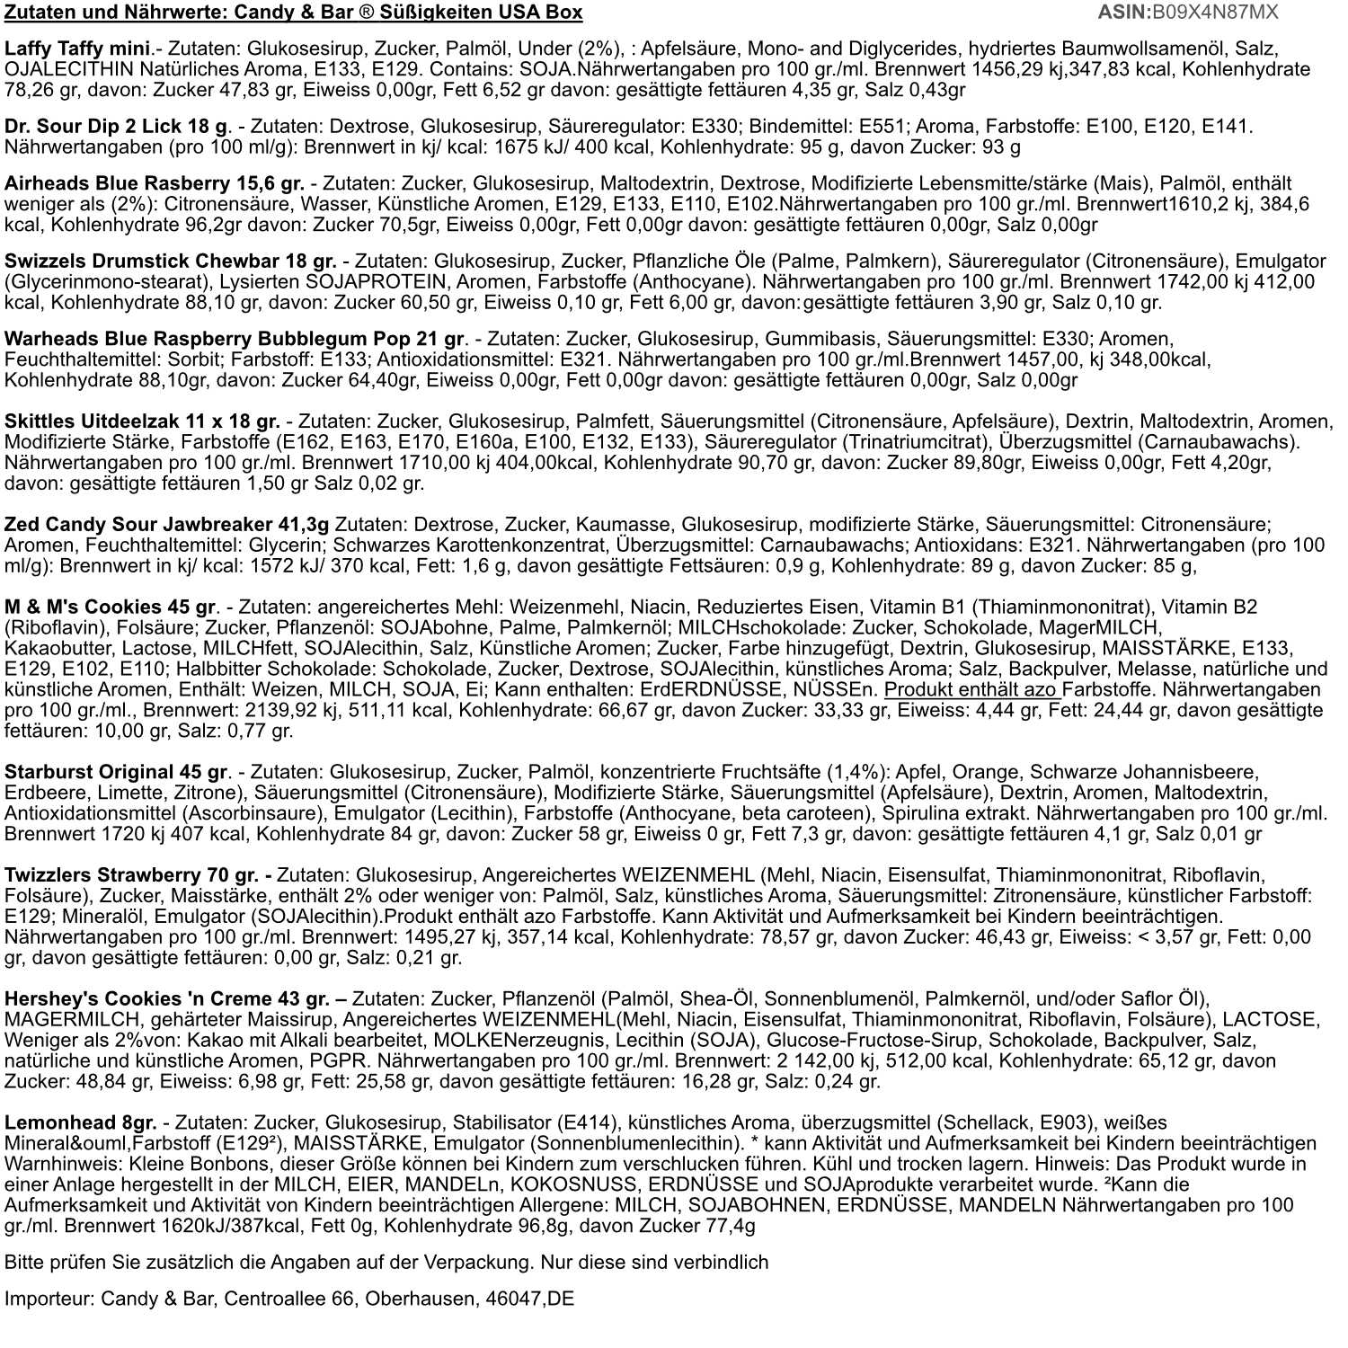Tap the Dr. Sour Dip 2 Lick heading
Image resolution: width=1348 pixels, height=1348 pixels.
click(118, 128)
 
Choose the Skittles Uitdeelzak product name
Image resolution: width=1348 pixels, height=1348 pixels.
click(142, 421)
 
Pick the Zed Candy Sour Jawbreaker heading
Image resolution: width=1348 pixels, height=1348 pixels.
click(166, 524)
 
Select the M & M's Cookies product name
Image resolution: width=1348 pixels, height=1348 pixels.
click(111, 607)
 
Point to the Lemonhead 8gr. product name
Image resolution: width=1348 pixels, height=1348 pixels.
click(80, 1123)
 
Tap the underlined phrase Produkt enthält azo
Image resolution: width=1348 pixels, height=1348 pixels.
click(971, 690)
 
